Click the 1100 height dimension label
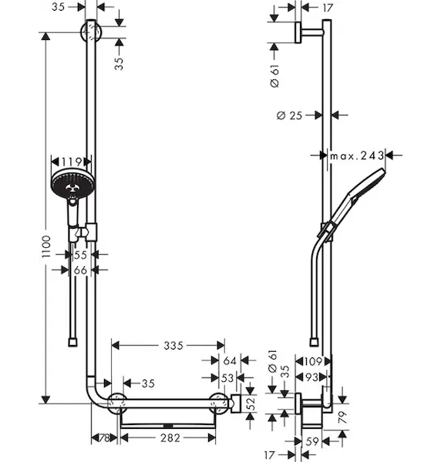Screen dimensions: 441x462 coord(46,246)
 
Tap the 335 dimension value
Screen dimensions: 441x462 coord(173,346)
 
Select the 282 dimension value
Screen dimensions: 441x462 coord(170,438)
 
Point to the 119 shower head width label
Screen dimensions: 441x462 coord(72,162)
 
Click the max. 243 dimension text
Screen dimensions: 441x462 coord(357,156)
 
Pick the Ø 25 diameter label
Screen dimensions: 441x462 coord(290,115)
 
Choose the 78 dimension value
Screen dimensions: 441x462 coord(104,438)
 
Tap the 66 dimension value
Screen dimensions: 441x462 coord(80,270)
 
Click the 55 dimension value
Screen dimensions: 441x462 coord(80,255)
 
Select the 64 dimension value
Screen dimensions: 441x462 coord(230,360)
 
